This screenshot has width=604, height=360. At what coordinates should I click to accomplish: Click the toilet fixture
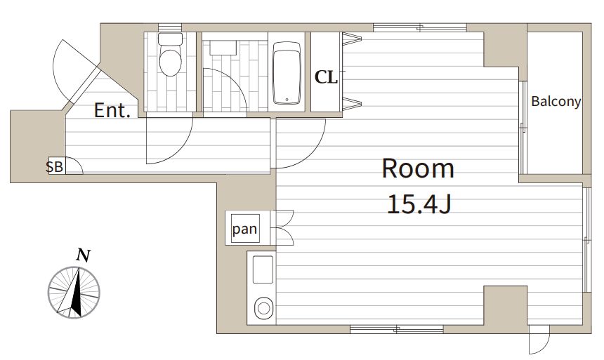coord(170,54)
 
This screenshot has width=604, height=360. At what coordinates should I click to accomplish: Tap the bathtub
coord(287,73)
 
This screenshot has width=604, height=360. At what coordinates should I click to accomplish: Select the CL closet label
coord(327,77)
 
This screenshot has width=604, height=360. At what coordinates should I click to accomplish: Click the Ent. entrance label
coord(112,110)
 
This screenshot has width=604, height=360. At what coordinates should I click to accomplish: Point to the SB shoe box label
coord(54,167)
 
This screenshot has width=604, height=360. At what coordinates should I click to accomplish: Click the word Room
coord(418,168)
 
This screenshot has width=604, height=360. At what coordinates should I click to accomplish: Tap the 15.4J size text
coord(419,204)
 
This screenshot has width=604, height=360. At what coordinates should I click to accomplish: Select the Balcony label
coord(556,102)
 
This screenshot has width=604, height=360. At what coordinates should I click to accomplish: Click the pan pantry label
coord(244,229)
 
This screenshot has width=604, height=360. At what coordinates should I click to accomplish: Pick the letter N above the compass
coord(83,255)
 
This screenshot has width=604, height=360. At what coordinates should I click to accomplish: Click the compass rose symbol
coord(74,292)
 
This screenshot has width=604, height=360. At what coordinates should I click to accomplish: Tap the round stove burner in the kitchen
coord(264,308)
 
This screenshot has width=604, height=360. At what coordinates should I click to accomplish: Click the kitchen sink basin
coord(263,269)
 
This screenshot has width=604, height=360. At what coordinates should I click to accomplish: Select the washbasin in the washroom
coord(223,48)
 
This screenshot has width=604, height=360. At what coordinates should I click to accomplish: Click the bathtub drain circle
coord(287,100)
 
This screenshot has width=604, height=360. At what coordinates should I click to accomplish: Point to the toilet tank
coord(170,39)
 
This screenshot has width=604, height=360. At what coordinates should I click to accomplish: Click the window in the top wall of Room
coord(420,27)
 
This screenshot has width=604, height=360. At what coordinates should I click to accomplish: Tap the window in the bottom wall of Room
coord(396,329)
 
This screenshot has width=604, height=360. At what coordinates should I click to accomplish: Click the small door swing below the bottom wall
coord(539,340)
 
